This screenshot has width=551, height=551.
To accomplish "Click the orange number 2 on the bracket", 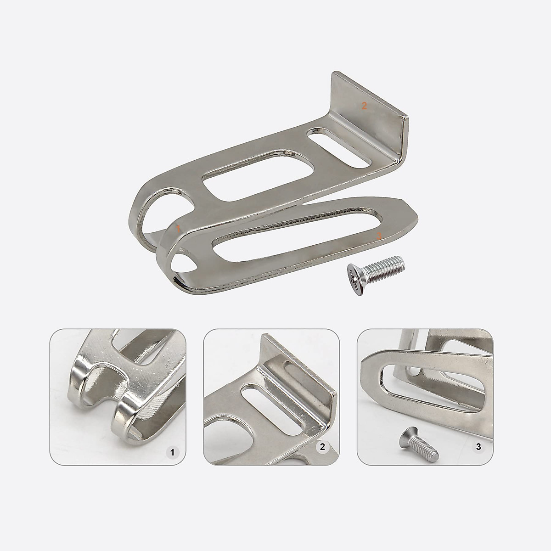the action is click(364, 106).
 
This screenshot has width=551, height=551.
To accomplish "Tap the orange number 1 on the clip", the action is click(178, 229).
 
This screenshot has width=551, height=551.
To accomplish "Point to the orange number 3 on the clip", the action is click(378, 236).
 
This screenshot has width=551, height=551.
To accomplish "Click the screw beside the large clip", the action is click(376, 275).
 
